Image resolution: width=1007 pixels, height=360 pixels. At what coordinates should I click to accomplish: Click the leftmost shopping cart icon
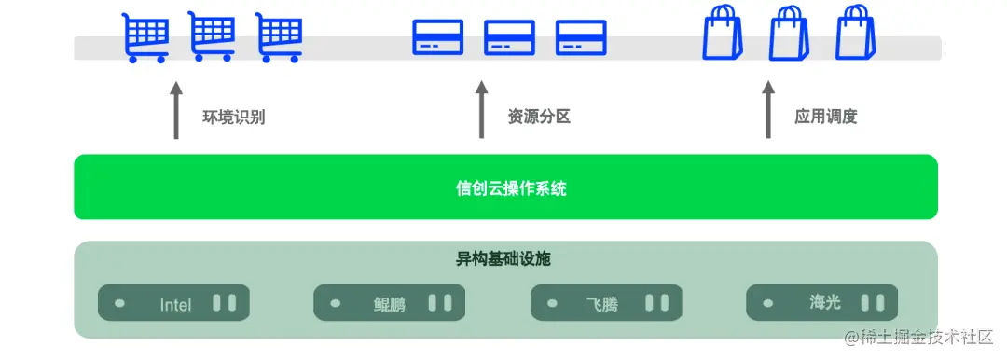146,37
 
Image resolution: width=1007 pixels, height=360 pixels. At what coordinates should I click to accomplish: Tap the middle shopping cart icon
213,37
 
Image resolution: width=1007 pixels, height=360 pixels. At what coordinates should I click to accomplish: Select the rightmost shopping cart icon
280,37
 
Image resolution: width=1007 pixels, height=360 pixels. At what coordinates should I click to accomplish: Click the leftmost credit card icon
438,36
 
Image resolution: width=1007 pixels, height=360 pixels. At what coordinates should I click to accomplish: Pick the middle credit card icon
509,36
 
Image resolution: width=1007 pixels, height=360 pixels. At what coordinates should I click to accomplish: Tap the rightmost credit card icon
581,36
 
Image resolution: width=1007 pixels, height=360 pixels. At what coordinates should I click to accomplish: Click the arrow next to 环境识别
175,110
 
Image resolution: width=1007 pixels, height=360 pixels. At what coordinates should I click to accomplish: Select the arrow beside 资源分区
481,110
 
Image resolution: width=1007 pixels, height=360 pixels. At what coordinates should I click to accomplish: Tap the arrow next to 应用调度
768,110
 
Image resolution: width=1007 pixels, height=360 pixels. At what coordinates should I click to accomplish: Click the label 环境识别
233,118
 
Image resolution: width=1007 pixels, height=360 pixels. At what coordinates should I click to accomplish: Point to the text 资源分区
539,118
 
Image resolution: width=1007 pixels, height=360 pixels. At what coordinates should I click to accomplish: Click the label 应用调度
826,118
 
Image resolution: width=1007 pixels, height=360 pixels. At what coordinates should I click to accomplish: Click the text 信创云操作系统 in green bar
505,188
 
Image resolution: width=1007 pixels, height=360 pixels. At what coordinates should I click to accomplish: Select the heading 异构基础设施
504,259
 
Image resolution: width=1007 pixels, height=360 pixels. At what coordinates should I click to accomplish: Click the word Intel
174,304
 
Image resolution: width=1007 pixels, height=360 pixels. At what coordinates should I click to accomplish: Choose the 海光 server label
825,303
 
